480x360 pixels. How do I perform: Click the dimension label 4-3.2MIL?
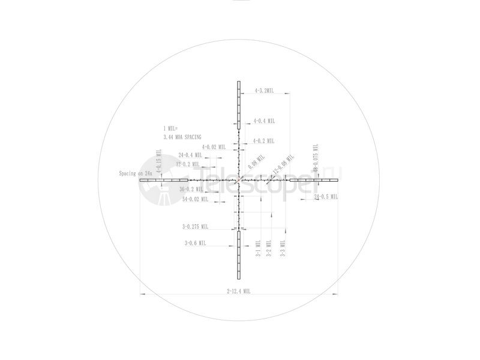click(x=264, y=91)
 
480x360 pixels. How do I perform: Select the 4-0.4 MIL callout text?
click(x=264, y=121)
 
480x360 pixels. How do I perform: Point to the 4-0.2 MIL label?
click(x=263, y=141)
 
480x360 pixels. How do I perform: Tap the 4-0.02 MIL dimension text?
click(x=214, y=146)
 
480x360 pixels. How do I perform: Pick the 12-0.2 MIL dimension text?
click(x=188, y=164)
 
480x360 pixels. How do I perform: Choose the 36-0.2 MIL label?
click(x=191, y=190)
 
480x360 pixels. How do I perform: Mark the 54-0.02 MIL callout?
click(x=194, y=199)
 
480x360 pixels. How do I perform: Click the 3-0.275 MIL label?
click(x=195, y=227)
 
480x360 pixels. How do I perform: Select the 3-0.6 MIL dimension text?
click(x=195, y=243)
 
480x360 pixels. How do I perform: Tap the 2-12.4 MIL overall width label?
click(x=238, y=290)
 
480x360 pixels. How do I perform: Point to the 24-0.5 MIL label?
click(x=326, y=196)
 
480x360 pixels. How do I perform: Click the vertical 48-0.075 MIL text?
click(x=315, y=159)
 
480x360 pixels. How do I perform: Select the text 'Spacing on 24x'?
click(x=136, y=173)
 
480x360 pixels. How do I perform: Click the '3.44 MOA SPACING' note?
click(x=182, y=137)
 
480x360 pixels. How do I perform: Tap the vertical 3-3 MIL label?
click(x=283, y=248)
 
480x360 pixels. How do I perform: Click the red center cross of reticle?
click(x=239, y=179)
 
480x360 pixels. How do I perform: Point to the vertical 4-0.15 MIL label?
click(x=160, y=163)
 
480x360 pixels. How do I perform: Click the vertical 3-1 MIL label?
click(x=258, y=248)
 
